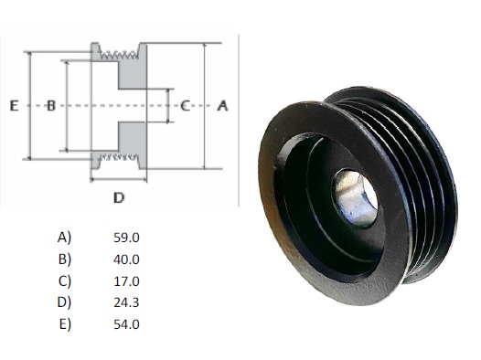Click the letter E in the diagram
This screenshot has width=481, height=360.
pyautogui.click(x=14, y=106)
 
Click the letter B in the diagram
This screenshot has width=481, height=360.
pyautogui.click(x=51, y=106)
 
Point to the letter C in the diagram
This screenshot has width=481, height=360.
pyautogui.click(x=185, y=106)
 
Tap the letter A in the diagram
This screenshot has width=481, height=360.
pyautogui.click(x=223, y=106)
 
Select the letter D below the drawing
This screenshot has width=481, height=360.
pyautogui.click(x=119, y=197)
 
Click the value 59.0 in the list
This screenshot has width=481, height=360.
pyautogui.click(x=126, y=238)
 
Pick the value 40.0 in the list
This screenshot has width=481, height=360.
pyautogui.click(x=126, y=259)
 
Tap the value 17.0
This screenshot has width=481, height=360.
pyautogui.click(x=126, y=281)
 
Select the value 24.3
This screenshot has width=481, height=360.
pyautogui.click(x=126, y=302)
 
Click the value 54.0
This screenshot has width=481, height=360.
pyautogui.click(x=126, y=324)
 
